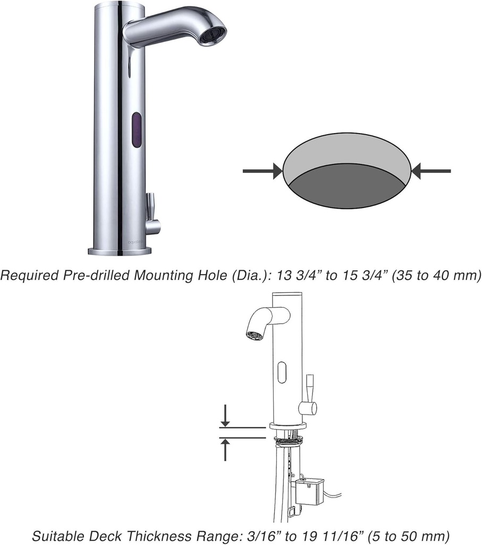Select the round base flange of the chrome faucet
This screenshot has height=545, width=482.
[120, 251]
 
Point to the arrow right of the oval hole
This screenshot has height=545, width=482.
[432, 171]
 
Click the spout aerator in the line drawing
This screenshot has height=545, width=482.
[253, 335]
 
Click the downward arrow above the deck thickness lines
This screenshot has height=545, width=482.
[225, 416]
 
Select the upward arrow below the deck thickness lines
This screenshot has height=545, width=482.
[225, 449]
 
